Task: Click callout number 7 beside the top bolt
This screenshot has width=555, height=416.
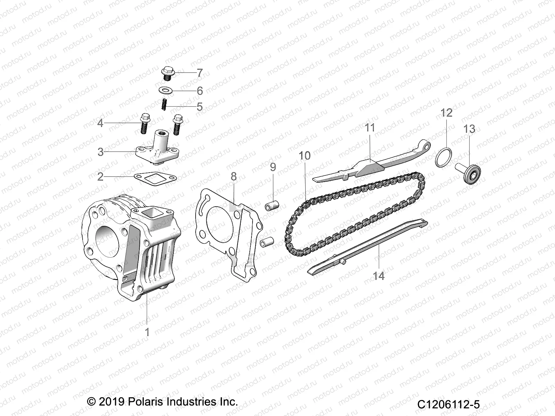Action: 200,73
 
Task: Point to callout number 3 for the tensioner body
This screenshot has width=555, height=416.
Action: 101,152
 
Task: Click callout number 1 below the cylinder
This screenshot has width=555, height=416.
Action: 147,332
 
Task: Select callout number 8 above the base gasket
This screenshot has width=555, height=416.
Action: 234,176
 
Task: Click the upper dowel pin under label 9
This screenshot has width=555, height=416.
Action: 272,206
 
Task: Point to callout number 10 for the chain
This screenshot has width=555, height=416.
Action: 305,156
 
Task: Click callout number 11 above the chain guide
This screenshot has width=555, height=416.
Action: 370,128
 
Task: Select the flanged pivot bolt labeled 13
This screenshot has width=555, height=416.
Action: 468,173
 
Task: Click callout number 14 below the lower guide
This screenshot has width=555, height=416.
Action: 379,276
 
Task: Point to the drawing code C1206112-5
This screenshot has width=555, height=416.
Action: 448,404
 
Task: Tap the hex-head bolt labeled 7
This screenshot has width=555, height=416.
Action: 167,73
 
